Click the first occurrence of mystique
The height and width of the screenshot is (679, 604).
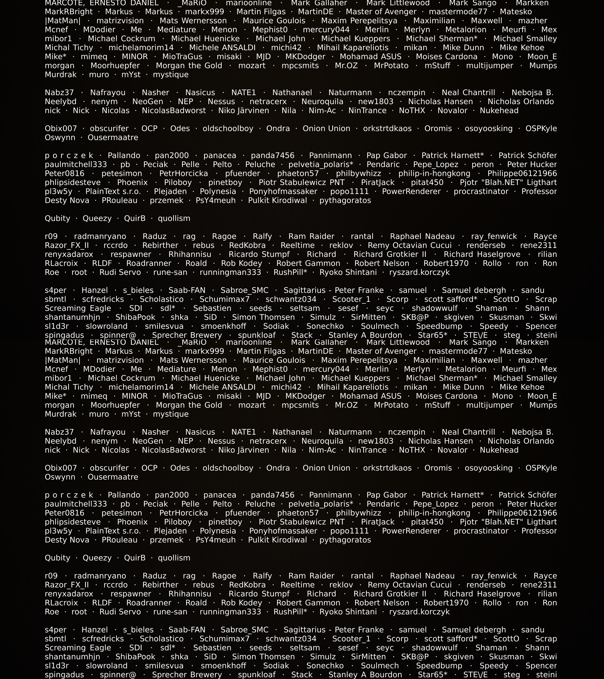click(170, 75)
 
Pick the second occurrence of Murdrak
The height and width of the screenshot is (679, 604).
click(61, 414)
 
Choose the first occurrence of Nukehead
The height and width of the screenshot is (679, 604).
click(499, 111)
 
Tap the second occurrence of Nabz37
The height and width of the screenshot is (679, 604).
click(59, 432)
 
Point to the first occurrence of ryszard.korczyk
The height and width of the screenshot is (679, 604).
click(419, 272)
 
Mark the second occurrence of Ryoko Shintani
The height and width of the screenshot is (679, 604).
click(348, 612)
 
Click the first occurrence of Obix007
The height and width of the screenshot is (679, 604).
click(61, 129)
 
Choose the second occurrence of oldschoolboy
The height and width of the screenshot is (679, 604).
click(228, 468)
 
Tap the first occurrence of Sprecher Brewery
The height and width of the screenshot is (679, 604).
click(187, 335)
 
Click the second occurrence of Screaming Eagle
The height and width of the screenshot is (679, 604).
click(78, 648)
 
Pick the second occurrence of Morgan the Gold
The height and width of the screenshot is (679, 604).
click(189, 405)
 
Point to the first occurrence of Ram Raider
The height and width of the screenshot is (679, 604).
click(311, 237)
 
